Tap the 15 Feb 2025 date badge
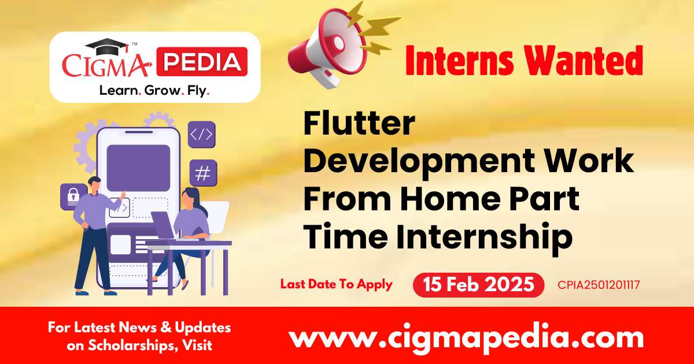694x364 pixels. [478, 285]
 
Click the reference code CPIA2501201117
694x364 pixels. [599, 285]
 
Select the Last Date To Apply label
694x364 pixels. [336, 284]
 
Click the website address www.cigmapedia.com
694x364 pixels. [466, 336]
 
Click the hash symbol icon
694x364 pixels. [202, 173]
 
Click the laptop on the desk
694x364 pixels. [164, 226]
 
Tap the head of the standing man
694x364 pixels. [94, 184]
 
